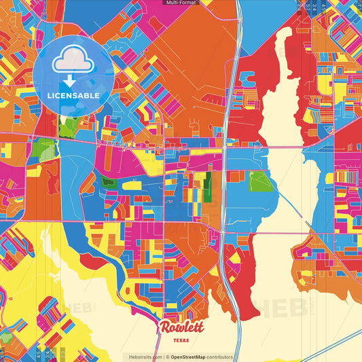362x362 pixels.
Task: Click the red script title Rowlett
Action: (x=181, y=327)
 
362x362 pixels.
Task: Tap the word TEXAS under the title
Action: (x=181, y=340)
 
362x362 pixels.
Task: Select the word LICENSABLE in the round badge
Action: (x=73, y=95)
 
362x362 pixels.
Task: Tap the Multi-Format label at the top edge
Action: (x=181, y=3)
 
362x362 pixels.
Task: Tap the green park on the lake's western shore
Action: (x=260, y=181)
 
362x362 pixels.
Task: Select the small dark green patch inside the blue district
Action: (x=108, y=182)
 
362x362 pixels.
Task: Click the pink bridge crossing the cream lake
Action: (x=281, y=146)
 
